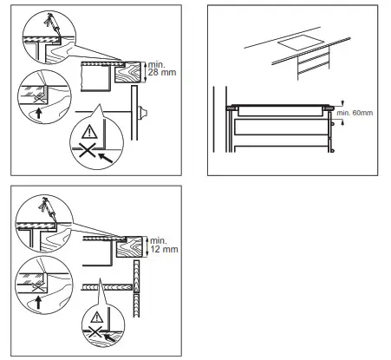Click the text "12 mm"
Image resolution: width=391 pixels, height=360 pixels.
coord(162,249)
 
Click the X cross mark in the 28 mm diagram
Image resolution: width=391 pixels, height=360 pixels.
coord(89,153)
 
